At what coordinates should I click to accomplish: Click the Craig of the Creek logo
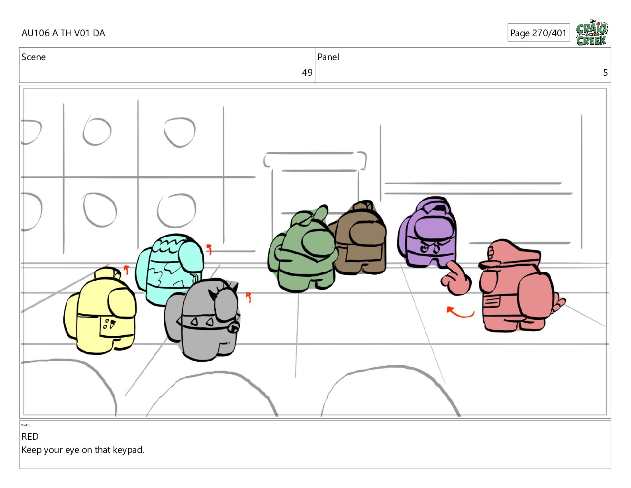pos(592,33)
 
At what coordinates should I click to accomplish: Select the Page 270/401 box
pos(539,33)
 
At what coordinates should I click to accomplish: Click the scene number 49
pos(307,73)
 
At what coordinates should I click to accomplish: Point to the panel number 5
pos(605,73)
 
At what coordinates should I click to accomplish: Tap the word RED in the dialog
pos(30,437)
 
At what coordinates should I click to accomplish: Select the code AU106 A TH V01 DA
pos(63,33)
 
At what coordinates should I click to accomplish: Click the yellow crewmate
pos(100,311)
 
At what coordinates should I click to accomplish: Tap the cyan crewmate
pos(169,269)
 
